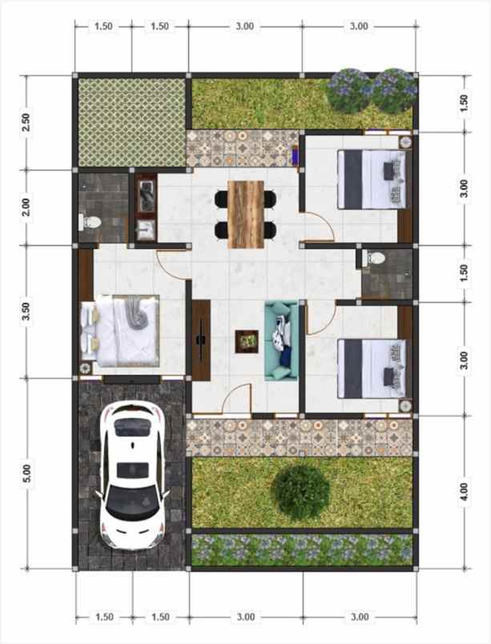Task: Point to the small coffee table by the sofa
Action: point(245,340)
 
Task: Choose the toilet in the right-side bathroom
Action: point(375,259)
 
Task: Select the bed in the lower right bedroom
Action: point(371,367)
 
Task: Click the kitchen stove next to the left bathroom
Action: point(147,195)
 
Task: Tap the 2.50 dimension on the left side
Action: point(26,123)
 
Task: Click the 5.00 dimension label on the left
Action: point(26,473)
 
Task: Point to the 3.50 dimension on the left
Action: point(26,312)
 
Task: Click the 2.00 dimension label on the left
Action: point(26,207)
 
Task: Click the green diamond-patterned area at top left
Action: point(131,123)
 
